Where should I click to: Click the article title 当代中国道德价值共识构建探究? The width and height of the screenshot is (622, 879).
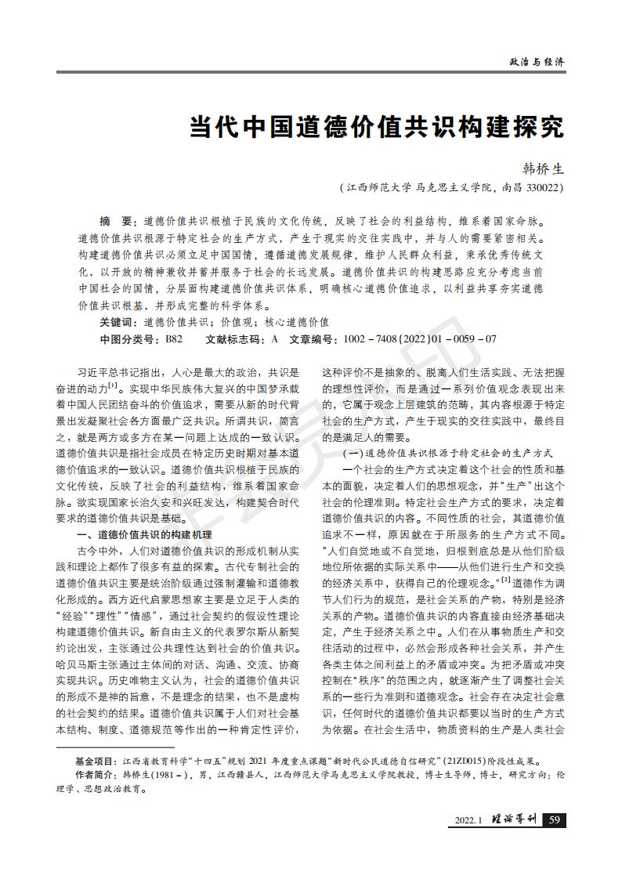tap(376, 128)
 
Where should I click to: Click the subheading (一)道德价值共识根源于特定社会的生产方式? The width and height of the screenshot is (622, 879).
tap(449, 454)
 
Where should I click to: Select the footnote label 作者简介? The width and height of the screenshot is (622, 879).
tap(94, 775)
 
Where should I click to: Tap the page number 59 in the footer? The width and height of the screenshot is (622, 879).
tap(554, 820)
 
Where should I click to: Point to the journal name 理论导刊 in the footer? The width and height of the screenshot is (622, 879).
tap(514, 820)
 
